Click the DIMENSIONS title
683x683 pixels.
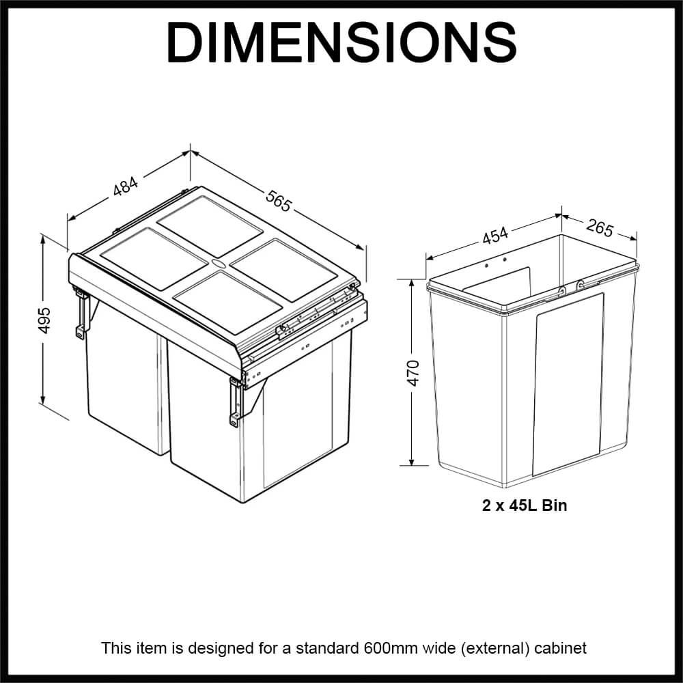341,43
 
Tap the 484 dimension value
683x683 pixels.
126,186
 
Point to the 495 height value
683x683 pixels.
44,320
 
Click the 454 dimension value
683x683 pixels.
495,236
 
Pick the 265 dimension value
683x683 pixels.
600,228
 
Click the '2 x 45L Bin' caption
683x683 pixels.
525,506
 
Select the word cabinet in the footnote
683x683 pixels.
561,647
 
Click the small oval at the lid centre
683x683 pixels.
219,262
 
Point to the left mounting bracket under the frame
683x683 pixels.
83,313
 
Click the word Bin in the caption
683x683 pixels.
555,506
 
